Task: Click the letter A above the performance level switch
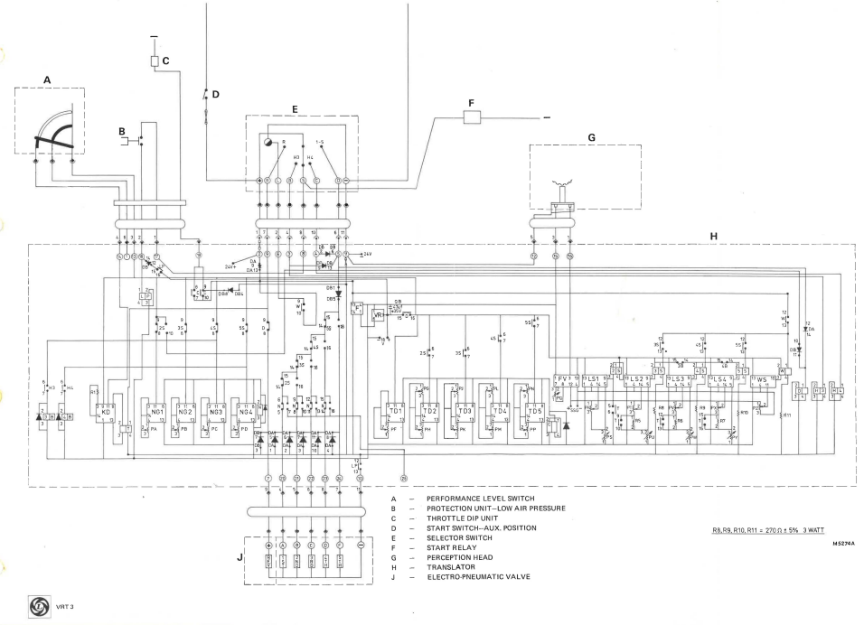(x=47, y=79)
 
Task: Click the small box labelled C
(x=155, y=61)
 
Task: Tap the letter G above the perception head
(x=590, y=138)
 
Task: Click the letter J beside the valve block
(x=239, y=557)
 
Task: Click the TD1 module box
(x=395, y=411)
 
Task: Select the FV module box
(x=563, y=380)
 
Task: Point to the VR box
(x=379, y=315)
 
